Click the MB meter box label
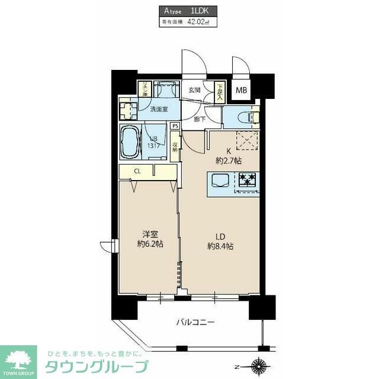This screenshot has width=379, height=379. tap(242, 91)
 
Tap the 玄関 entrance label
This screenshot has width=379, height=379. tap(194, 90)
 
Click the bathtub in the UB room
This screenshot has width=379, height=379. tap(130, 142)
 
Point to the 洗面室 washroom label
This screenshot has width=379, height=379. tap(159, 109)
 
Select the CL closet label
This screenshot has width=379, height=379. tap(137, 172)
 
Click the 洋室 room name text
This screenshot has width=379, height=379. tap(149, 233)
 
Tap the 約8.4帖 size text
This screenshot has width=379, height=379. tap(220, 246)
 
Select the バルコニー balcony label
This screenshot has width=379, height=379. tap(195, 323)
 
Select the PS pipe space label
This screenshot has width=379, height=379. tap(175, 126)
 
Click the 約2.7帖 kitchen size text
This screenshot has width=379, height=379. tap(229, 160)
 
